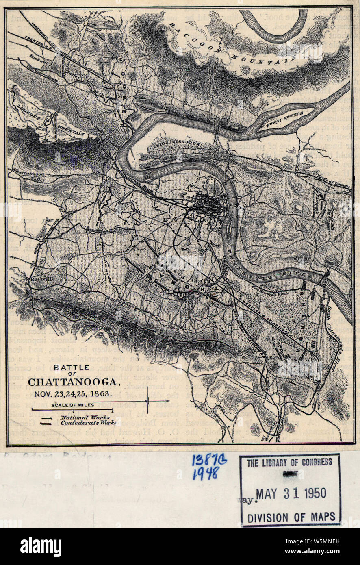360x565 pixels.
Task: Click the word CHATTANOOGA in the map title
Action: coord(72,383)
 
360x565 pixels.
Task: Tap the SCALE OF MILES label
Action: coord(73,405)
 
